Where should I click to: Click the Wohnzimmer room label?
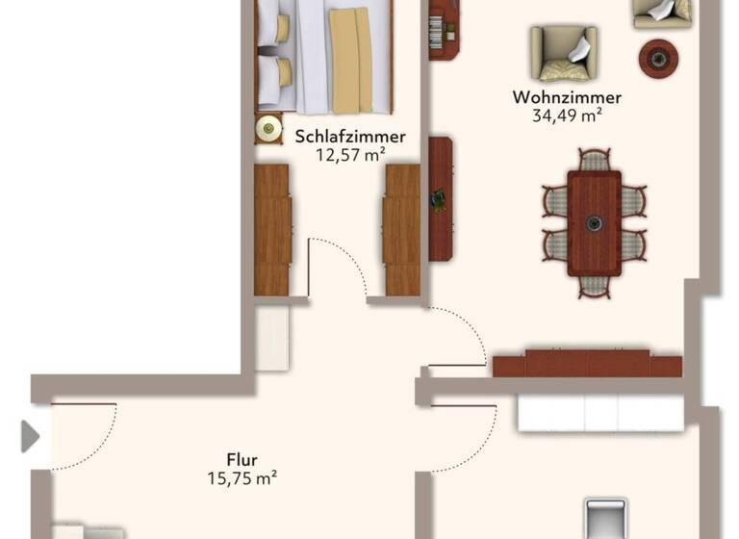click(x=567, y=97)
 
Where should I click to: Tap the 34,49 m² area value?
click(x=567, y=116)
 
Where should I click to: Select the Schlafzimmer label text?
click(x=350, y=136)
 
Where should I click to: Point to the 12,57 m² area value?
click(x=350, y=154)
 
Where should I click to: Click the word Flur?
click(x=242, y=459)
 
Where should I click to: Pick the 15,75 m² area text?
click(x=242, y=477)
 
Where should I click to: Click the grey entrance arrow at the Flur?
click(x=30, y=436)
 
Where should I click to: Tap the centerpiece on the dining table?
click(x=595, y=223)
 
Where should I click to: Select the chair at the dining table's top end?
click(x=595, y=161)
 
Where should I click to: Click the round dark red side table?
click(x=659, y=57)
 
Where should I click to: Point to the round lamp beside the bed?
click(x=268, y=127)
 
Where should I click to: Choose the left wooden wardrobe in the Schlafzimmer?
click(x=272, y=229)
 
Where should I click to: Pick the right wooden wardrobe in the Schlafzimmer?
click(x=402, y=229)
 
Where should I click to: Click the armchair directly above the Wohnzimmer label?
click(x=563, y=53)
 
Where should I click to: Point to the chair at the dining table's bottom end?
click(x=595, y=285)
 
